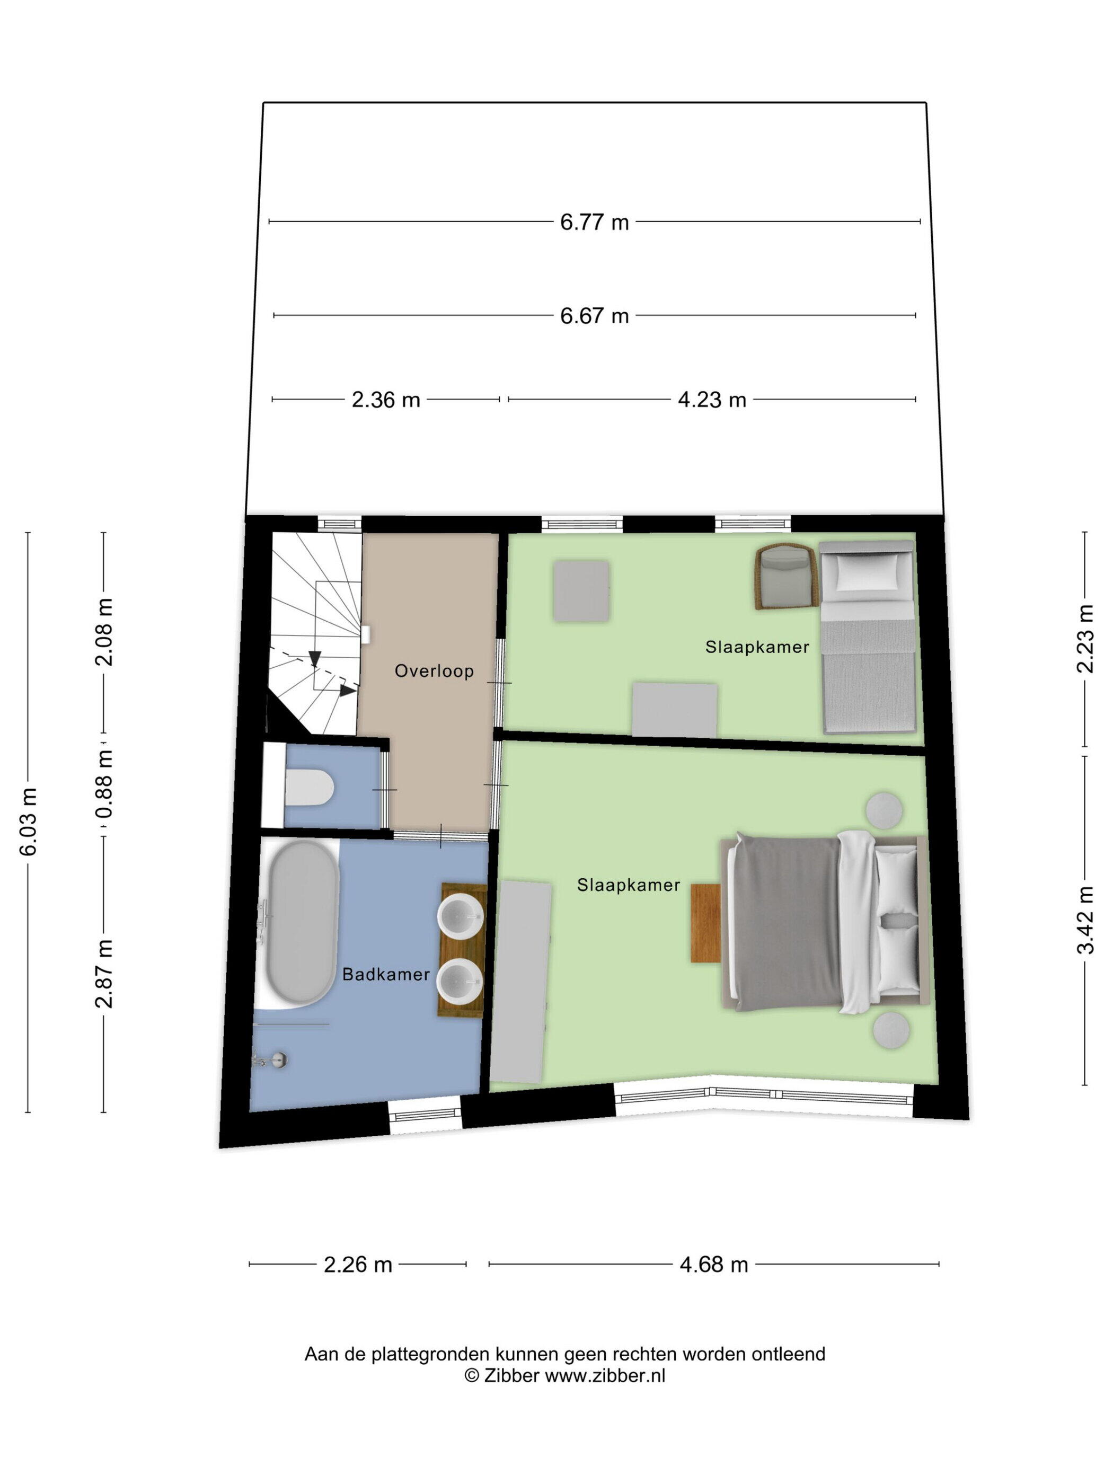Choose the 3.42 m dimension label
coord(1085,919)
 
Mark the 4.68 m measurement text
coord(713,1264)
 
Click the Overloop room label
coord(434,671)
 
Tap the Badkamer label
coord(386,974)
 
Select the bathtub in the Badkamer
coord(302,924)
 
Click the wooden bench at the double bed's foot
coord(706,923)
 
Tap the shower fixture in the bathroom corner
coord(270,1060)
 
